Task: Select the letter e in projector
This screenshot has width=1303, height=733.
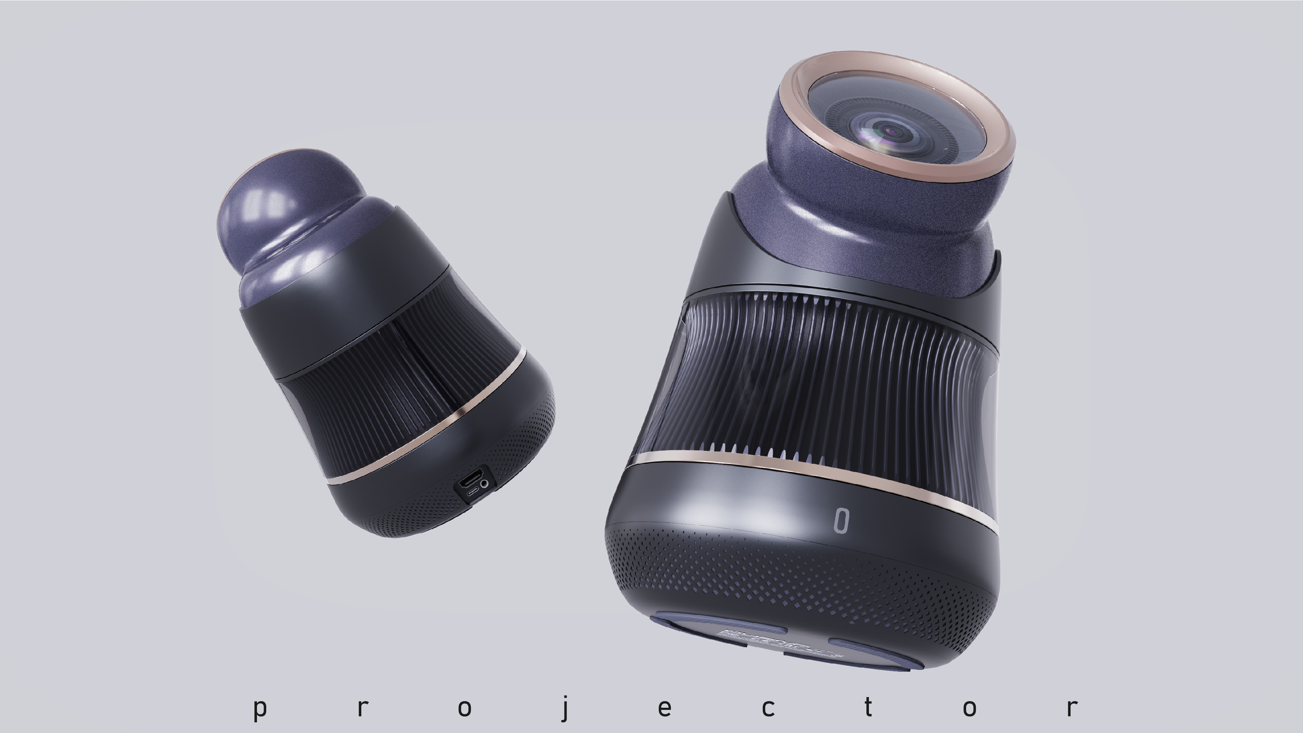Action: pos(665,708)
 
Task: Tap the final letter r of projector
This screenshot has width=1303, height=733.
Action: pos(1071,708)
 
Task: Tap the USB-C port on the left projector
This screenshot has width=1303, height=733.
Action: pos(474,492)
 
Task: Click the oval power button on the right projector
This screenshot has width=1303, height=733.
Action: pos(841,521)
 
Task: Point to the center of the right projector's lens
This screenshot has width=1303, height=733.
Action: pos(891,132)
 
